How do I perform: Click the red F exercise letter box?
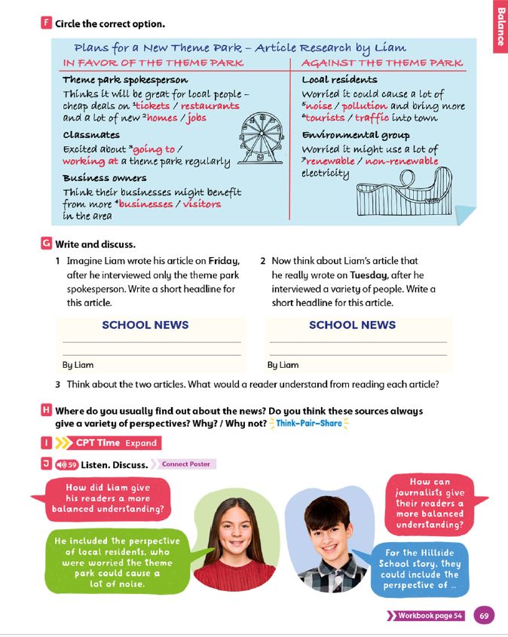pos(47,23)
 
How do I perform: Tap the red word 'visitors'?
pos(201,204)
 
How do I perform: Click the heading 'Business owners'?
pos(105,178)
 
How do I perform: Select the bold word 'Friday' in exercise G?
pos(224,262)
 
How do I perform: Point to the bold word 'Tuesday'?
pos(369,275)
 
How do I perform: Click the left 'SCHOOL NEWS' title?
pos(145,326)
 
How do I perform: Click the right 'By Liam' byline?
pos(283,365)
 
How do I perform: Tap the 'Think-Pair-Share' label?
pos(309,424)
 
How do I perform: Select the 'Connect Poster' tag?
pos(185,464)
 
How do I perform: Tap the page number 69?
pos(484,616)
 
